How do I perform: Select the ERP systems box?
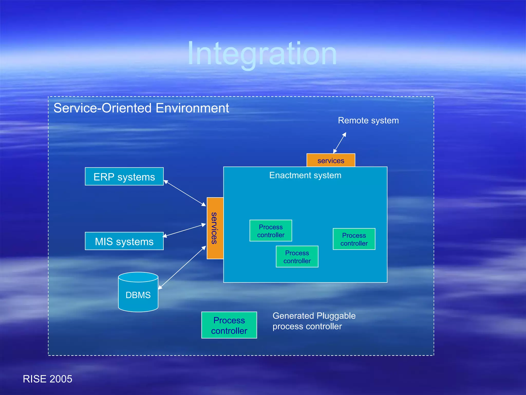click(124, 177)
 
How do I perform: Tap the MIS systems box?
click(124, 241)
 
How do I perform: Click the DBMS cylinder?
click(138, 293)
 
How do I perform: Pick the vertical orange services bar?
click(215, 228)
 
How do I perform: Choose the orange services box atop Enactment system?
click(331, 160)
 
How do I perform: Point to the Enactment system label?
click(305, 175)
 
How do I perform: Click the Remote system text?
click(368, 120)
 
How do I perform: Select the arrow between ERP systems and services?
click(185, 193)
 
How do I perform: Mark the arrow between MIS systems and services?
click(184, 230)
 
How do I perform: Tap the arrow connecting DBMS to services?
click(182, 268)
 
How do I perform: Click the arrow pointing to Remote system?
click(340, 143)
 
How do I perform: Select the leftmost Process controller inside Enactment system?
click(271, 231)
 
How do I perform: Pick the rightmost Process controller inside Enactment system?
click(354, 239)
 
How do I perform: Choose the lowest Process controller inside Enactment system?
click(297, 257)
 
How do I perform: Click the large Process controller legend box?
click(229, 325)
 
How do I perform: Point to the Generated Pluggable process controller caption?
click(314, 321)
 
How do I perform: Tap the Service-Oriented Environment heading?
click(141, 108)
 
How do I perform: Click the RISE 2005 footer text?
click(48, 379)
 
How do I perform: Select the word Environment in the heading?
click(192, 108)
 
